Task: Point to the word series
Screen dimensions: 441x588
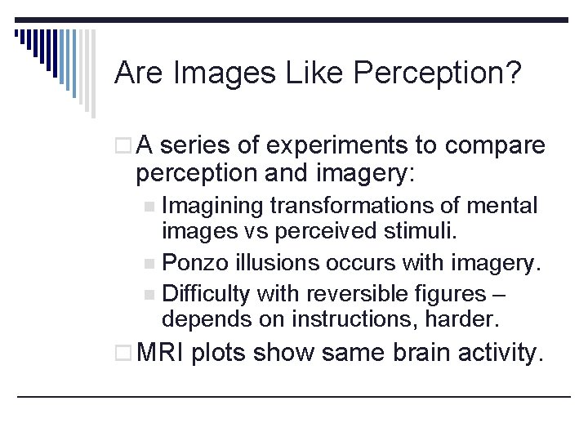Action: tap(194, 146)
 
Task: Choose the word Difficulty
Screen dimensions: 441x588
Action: tap(206, 293)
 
